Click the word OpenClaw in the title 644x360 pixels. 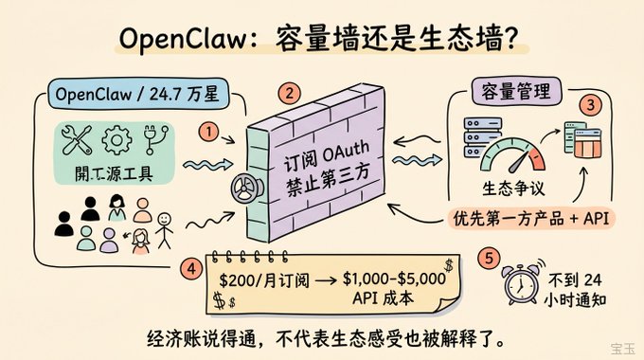184,40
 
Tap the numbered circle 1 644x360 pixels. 208,133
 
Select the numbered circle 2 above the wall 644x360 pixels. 290,94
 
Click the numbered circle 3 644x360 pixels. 590,105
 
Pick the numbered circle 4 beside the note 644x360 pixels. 191,270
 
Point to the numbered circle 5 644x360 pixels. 489,259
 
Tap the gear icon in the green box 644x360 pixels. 117,140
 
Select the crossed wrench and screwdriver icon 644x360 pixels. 77,140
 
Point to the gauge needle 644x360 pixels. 519,163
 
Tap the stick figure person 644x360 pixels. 164,230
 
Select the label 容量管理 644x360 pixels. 516,91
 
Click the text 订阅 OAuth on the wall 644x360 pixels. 326,157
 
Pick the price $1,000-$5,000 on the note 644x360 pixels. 394,279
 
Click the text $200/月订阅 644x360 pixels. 263,280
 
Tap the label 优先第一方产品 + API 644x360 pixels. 531,218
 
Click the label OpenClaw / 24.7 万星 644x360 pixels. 136,94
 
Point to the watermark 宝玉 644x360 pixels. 622,349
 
